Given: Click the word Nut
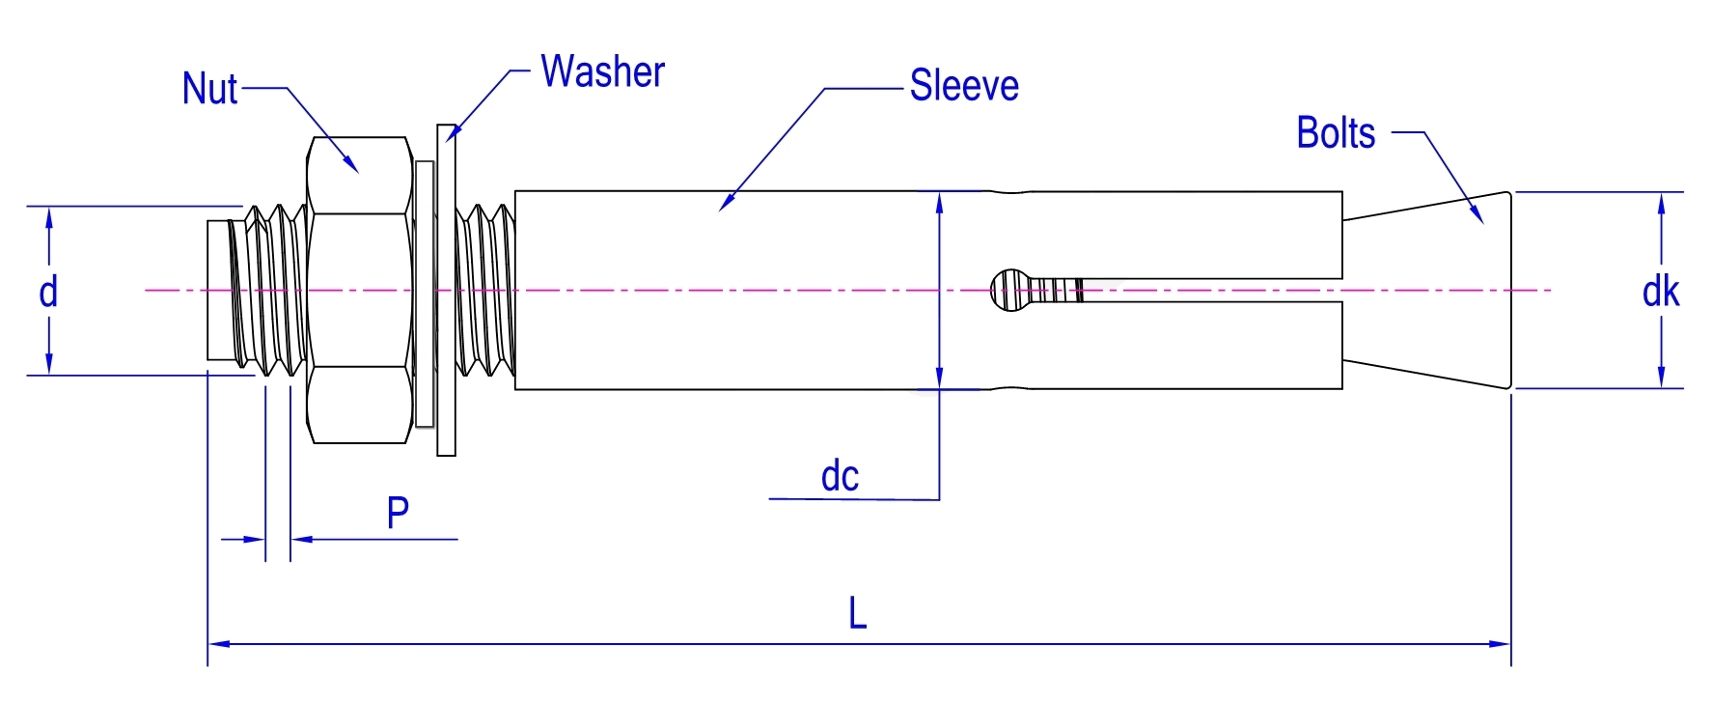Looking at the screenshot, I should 209,89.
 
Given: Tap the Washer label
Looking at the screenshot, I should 602,72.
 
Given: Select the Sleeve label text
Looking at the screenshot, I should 964,86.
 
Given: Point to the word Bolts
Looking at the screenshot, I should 1336,133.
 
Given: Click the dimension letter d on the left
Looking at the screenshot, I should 48,291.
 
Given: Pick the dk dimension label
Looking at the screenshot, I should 1660,292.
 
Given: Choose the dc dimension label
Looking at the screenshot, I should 840,476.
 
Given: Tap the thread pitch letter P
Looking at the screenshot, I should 398,513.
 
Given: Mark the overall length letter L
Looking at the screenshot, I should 857,613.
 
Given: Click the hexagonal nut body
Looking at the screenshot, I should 358,290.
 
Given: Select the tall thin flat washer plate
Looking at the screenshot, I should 446,290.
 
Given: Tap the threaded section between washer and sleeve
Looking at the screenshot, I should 485,290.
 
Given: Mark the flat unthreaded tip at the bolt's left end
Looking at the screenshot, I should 219,291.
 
